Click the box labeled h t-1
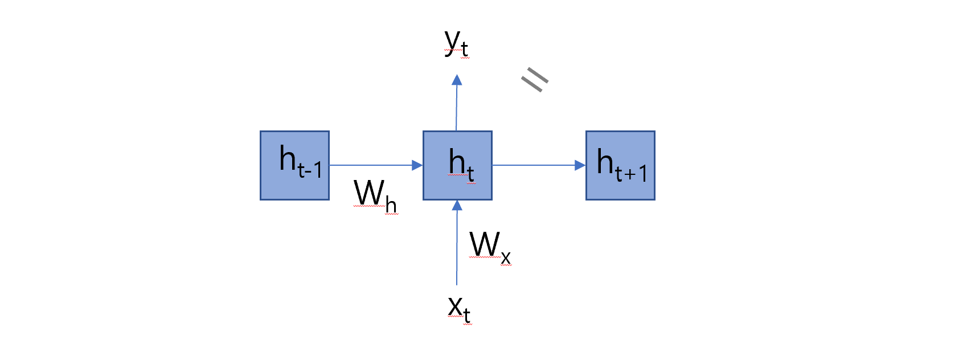coord(294,165)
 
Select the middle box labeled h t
coord(457,165)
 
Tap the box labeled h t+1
coord(620,165)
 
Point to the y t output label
coord(456,43)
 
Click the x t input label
coord(459,309)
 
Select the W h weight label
coord(375,195)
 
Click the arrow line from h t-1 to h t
coord(370,165)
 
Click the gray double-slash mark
coord(535,79)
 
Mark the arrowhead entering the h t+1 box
coord(580,165)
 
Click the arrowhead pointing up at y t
coord(457,80)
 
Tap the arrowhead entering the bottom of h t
coord(457,206)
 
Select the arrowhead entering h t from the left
coord(417,165)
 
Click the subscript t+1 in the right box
coord(632,173)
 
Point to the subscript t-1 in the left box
coord(310,170)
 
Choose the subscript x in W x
coord(506,258)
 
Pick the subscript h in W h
coord(391,205)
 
